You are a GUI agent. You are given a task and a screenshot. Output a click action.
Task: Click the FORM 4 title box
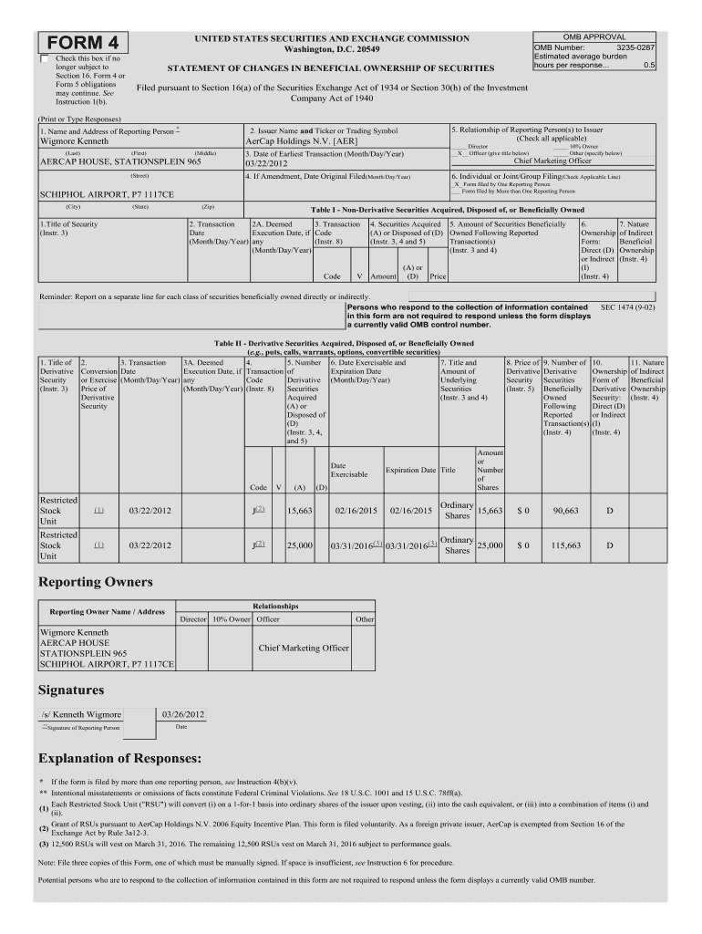[x=83, y=44]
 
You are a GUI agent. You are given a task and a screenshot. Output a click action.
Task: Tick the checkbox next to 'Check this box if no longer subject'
[x=44, y=59]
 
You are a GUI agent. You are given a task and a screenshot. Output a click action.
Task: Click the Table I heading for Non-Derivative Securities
[x=448, y=209]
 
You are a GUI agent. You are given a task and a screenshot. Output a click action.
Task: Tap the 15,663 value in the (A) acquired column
[x=300, y=511]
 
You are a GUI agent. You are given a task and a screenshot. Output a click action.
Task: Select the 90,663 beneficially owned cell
[x=566, y=511]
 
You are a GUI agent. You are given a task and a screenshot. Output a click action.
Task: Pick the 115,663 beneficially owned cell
[x=566, y=545]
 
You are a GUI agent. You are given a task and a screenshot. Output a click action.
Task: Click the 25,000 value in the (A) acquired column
[x=300, y=545]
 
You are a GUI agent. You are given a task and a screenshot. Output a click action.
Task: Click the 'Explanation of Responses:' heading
[x=119, y=758]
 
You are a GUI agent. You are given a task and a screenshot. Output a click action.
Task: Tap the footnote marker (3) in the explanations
[x=43, y=845]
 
